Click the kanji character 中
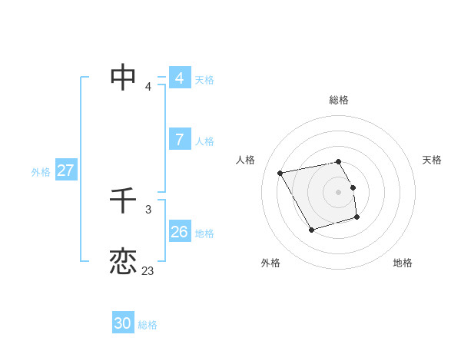123,77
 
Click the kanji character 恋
123,261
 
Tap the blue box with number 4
180,78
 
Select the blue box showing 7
180,140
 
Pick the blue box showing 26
180,231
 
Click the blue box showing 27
65,171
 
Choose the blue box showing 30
123,323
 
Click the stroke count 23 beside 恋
148,271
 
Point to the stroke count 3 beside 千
148,209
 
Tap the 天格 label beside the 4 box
204,80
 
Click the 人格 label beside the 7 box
204,141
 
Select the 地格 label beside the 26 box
204,233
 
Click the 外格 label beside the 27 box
41,172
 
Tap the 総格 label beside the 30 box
148,325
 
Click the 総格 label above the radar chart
339,100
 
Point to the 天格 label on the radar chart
432,160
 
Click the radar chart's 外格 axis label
270,263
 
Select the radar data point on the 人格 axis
280,173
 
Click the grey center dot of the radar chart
339,191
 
